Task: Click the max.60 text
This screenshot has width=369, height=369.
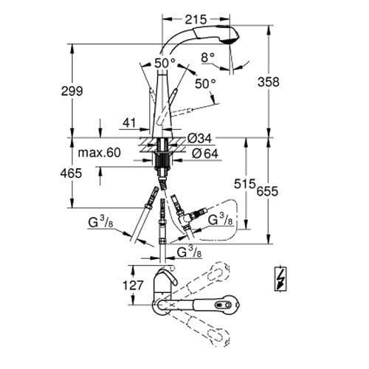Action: click(97, 154)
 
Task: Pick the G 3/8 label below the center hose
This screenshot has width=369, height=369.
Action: click(190, 252)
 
